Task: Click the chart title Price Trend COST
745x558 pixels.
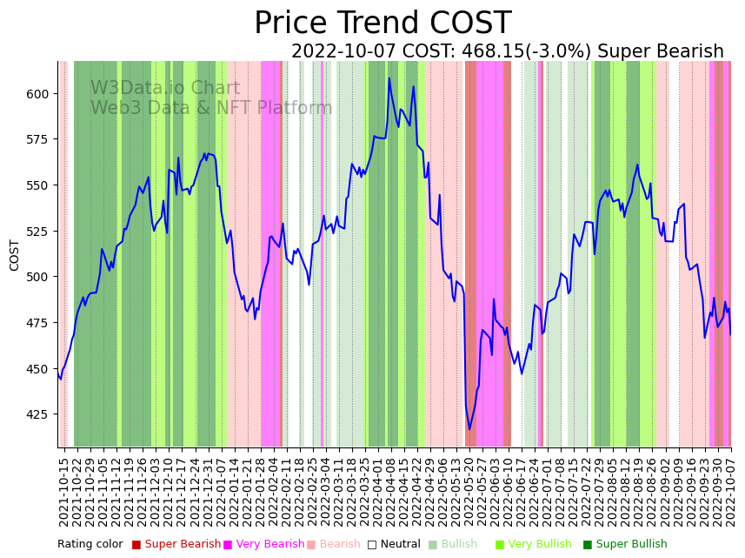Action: click(382, 24)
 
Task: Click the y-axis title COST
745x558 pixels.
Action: click(15, 255)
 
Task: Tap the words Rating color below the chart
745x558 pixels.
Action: click(90, 545)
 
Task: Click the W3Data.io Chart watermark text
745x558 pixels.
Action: click(165, 88)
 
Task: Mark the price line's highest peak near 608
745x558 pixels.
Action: click(389, 78)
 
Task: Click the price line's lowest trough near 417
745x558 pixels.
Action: click(469, 428)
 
